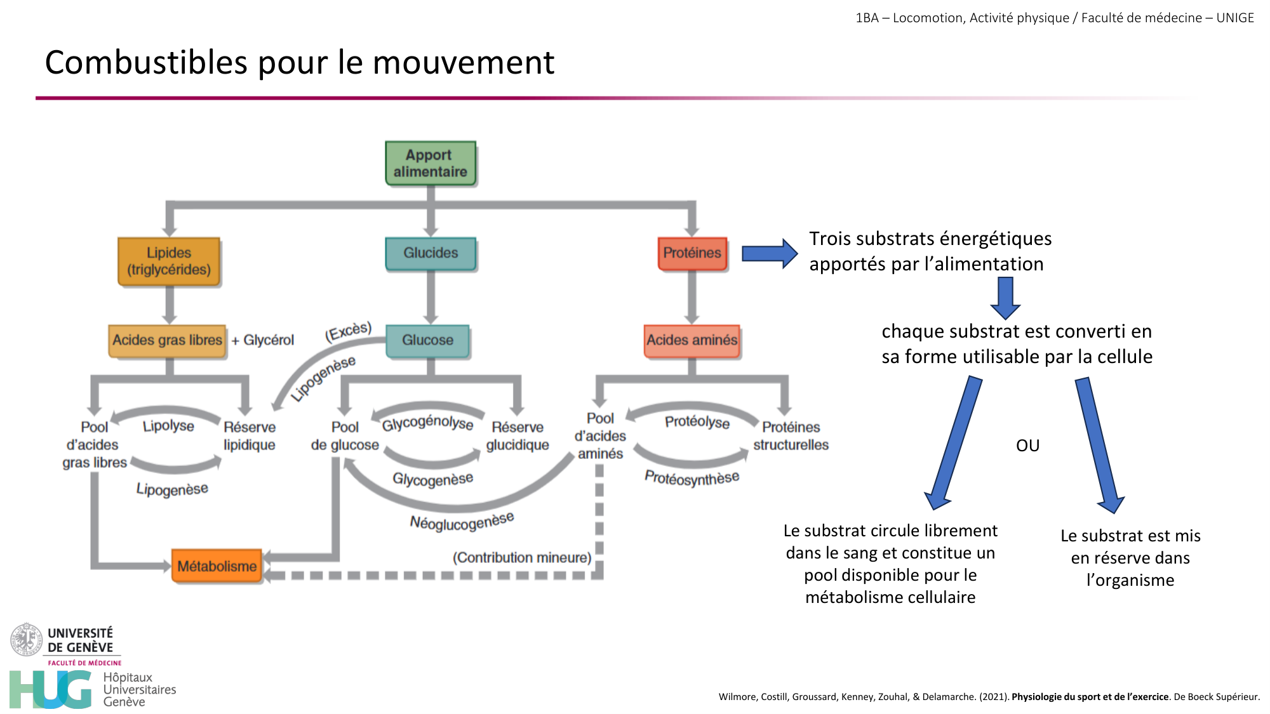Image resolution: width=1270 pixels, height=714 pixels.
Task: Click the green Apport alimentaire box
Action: (431, 163)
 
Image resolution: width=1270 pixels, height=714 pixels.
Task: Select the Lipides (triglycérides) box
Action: (169, 261)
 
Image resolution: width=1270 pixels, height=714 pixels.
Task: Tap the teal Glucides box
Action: (431, 253)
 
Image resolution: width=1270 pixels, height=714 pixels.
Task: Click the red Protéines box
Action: (692, 253)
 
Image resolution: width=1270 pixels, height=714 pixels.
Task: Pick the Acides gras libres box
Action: (167, 340)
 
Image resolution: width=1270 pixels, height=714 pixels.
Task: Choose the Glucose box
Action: (427, 340)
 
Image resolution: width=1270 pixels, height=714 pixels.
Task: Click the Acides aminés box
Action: (692, 340)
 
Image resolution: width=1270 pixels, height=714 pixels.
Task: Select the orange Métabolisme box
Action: (217, 566)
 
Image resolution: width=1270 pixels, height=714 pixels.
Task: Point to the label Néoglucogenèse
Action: (462, 522)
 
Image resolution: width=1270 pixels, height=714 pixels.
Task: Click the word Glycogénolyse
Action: (427, 423)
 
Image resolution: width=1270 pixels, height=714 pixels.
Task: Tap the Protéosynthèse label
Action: (692, 477)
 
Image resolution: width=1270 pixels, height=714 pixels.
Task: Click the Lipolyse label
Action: (168, 426)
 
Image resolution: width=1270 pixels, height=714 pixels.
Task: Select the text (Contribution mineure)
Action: (522, 557)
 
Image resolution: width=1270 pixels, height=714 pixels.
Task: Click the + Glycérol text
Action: (263, 340)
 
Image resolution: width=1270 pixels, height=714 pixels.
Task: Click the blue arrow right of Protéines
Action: (769, 254)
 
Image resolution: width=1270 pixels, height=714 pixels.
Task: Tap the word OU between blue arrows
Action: (1027, 446)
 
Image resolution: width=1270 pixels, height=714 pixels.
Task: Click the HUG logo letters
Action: (51, 689)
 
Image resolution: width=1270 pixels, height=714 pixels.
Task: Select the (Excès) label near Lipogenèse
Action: (348, 331)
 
